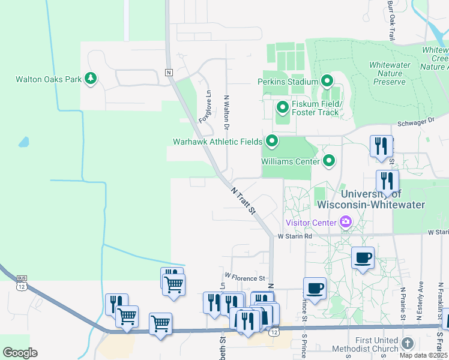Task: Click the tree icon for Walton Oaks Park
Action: click(x=91, y=79)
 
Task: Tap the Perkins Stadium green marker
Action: click(x=327, y=80)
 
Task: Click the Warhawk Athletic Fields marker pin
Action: click(x=272, y=142)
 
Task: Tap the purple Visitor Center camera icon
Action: click(x=346, y=223)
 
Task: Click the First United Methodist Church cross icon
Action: click(x=408, y=344)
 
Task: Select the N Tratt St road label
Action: click(x=244, y=200)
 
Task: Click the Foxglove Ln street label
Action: click(x=205, y=106)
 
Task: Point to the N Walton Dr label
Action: click(x=227, y=112)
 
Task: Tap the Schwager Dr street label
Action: click(x=415, y=121)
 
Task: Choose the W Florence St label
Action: click(x=245, y=278)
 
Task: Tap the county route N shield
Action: click(x=169, y=73)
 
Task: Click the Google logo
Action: click(x=20, y=353)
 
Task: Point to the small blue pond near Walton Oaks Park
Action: click(x=23, y=142)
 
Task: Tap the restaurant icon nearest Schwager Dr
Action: click(x=381, y=146)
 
